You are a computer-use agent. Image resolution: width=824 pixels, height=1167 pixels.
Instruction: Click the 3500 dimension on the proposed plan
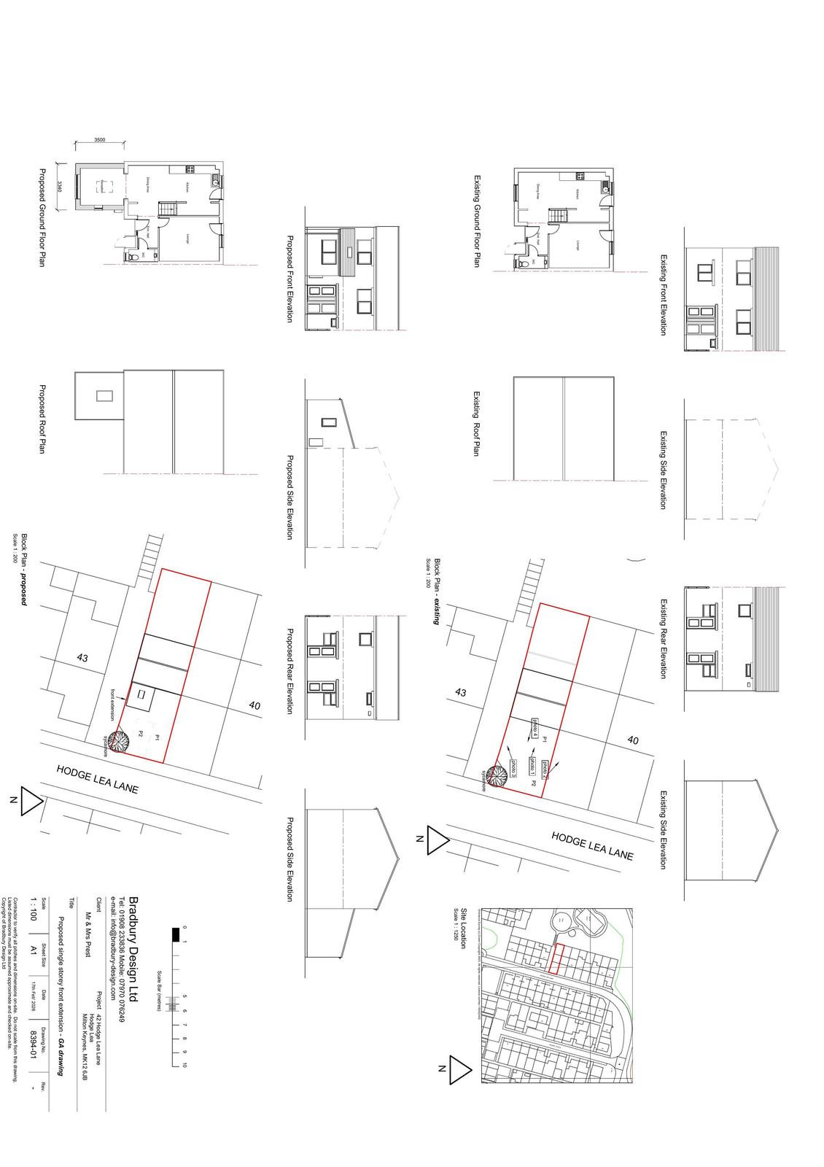click(x=100, y=140)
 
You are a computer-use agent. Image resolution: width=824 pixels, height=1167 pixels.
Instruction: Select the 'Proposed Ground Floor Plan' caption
click(x=42, y=217)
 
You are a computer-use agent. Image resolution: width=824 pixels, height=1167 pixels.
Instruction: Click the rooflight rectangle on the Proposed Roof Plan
click(x=105, y=396)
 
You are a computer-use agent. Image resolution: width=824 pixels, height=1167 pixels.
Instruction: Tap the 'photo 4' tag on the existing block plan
click(x=535, y=728)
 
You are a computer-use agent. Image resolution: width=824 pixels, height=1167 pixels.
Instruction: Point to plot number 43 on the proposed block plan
click(x=82, y=658)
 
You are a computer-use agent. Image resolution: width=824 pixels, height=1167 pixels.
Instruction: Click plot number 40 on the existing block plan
click(x=633, y=740)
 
